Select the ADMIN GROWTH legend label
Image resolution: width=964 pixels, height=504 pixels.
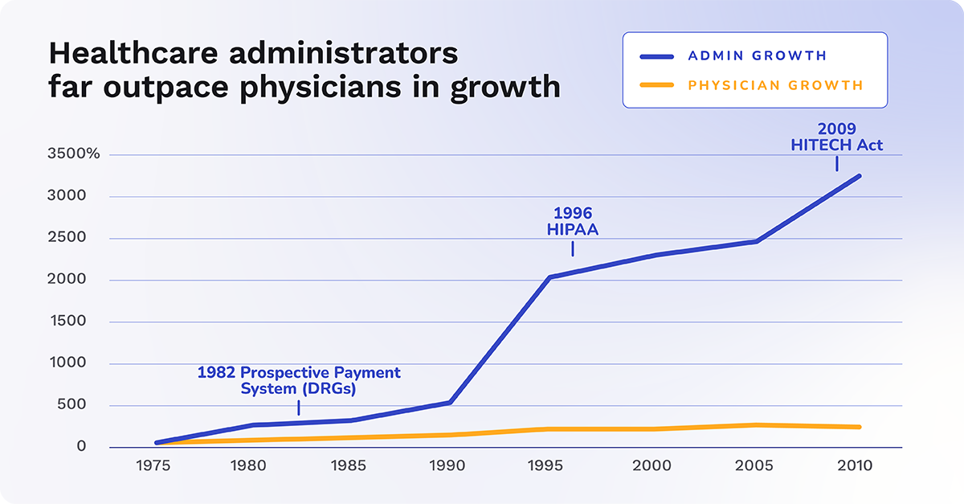point(757,55)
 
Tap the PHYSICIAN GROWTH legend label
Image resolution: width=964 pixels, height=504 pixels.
point(775,84)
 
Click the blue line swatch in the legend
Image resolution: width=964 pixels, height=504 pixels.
point(656,56)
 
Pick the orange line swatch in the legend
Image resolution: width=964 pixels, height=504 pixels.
point(656,84)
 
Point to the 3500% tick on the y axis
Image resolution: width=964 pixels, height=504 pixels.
point(73,154)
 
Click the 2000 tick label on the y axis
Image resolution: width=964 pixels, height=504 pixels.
point(83,280)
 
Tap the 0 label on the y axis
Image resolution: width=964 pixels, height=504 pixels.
point(93,446)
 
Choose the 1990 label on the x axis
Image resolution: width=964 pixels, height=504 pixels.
point(451,466)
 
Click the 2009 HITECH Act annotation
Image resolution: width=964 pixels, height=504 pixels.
point(838,137)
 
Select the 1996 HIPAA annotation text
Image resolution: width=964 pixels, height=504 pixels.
point(572,221)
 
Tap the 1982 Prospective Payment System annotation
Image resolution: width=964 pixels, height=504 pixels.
point(299,380)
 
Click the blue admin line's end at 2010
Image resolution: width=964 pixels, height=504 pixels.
point(860,175)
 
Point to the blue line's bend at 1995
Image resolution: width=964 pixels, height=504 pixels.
point(549,277)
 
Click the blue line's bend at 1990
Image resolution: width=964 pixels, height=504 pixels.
point(451,402)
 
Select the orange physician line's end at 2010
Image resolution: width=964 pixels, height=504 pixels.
point(860,427)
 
